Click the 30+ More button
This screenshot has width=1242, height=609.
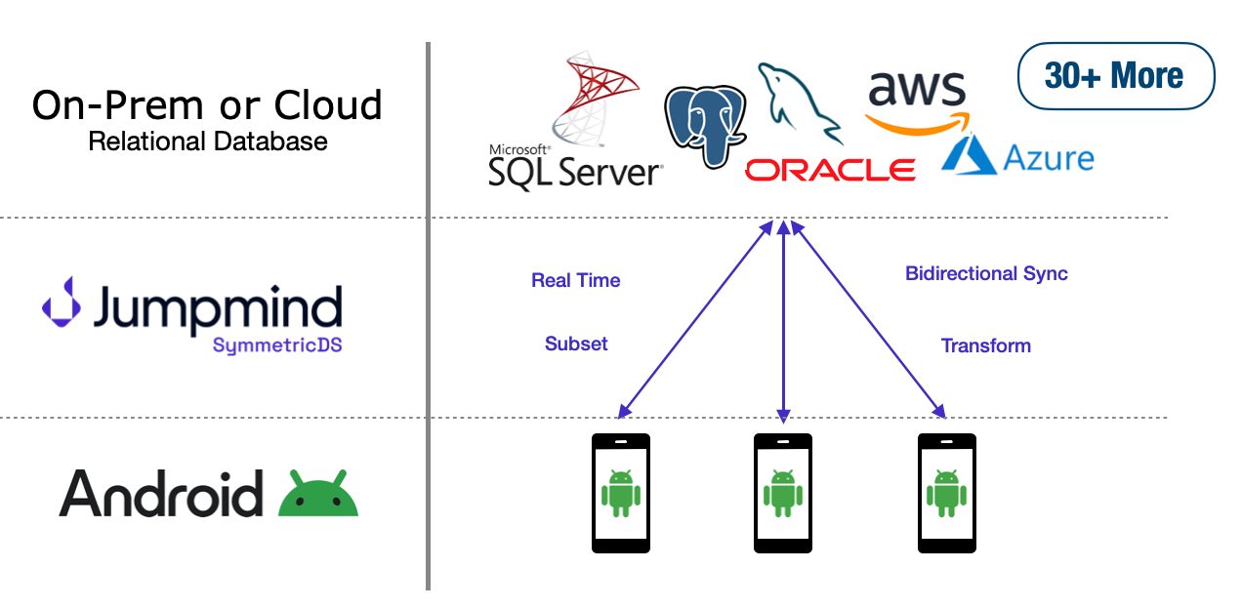click(1115, 75)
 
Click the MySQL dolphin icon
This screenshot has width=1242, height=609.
click(798, 102)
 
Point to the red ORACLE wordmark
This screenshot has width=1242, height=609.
click(830, 171)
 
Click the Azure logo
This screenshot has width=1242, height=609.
click(1017, 157)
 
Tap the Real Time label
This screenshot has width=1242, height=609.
click(575, 281)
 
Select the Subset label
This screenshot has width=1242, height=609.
click(576, 344)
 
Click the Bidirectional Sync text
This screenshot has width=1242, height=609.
click(986, 274)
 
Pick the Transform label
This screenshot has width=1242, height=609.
click(985, 345)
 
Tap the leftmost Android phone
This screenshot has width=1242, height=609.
click(621, 493)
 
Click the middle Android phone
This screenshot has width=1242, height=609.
click(782, 493)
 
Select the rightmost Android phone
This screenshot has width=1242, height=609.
click(946, 493)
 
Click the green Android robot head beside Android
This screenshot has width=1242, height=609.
click(318, 495)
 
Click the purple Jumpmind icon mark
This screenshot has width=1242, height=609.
click(62, 302)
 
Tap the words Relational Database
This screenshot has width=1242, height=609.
click(208, 142)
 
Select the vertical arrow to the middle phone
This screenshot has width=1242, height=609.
click(783, 322)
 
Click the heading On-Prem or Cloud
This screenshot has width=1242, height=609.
click(207, 104)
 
